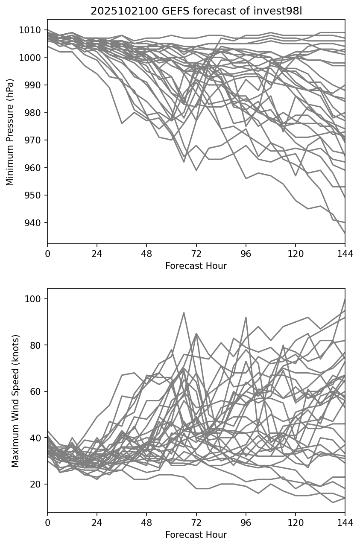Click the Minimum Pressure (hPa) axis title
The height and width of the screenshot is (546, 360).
point(10,132)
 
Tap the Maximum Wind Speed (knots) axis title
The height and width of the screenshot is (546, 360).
point(15,401)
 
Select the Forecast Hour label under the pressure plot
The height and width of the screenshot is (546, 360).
point(196,266)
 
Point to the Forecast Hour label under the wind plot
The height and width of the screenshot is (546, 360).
point(196,535)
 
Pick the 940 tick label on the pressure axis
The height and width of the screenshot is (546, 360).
point(33,223)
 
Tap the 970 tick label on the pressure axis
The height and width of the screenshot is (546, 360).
point(33,140)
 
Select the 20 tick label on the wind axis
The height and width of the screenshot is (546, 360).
point(35,484)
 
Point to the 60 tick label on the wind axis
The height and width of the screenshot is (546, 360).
point(35,391)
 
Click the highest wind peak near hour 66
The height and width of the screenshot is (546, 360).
point(184,312)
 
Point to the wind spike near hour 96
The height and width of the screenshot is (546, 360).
point(246,317)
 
